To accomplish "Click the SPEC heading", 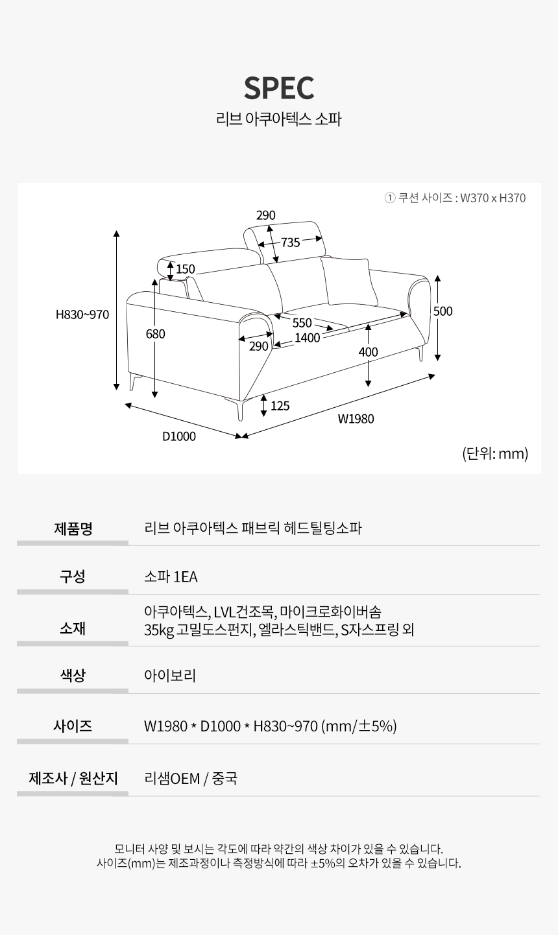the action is coord(279,88).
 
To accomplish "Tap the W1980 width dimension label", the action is coord(356,419).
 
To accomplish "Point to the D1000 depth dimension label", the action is coord(179,436).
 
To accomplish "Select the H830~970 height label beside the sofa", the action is coord(82,314).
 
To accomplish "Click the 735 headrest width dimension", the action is coord(290,243).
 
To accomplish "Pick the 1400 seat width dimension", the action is coord(308,338).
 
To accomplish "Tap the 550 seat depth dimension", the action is coord(302,323).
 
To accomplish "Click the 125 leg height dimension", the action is coord(280,406).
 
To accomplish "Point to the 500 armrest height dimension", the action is coord(443,311).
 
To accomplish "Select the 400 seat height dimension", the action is coord(368,352).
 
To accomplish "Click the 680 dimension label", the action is coord(155,334).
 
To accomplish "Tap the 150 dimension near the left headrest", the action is coord(186,269).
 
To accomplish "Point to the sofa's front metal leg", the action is coord(237,408).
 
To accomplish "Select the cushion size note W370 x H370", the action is coord(493,198).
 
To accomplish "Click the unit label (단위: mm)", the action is coord(495,453).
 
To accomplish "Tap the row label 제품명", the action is coord(73,528).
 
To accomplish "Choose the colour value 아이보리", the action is coord(170,676).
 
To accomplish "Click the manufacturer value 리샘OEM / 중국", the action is coord(191,778).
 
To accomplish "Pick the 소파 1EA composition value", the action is coord(171,577).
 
